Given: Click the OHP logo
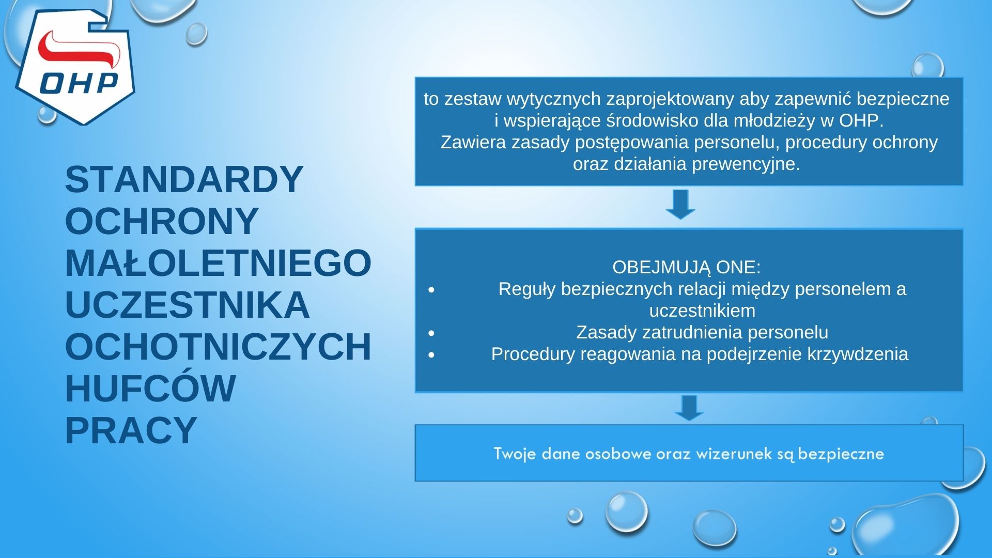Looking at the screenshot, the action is pos(75,67).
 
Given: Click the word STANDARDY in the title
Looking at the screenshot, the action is pos(184,180).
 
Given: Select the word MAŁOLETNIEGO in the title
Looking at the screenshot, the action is pos(218,263).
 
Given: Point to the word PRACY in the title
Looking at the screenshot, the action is pos(131,430).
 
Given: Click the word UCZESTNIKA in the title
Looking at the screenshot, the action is pos(187,305).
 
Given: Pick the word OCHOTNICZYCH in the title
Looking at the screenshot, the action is pos(218,347).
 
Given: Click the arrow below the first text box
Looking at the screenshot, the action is pos(680,204).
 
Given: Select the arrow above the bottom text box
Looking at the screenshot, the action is pos(689,408).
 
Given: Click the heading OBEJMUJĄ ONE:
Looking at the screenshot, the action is pos(686,267).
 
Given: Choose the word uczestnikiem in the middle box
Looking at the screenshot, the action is pos(702,311).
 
